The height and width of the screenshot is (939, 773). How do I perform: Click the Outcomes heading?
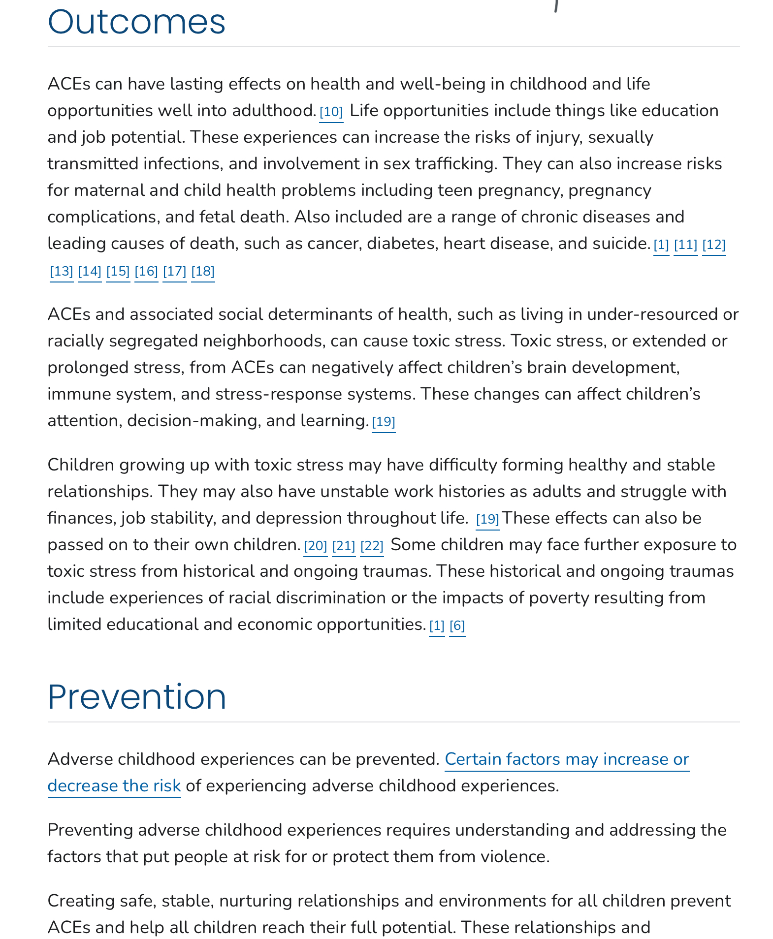click(136, 22)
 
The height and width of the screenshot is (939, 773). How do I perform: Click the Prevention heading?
click(137, 697)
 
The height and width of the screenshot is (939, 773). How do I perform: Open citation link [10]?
click(331, 112)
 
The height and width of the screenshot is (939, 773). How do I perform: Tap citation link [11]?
click(685, 245)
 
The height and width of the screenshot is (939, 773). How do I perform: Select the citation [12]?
click(714, 245)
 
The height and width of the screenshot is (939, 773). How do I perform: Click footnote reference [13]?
click(62, 271)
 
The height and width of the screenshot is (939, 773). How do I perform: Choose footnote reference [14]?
click(90, 271)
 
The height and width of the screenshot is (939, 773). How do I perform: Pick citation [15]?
click(118, 271)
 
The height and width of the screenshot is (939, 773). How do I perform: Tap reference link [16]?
click(146, 271)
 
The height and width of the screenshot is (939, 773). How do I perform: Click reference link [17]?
click(175, 271)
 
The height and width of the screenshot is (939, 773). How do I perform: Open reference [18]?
click(203, 271)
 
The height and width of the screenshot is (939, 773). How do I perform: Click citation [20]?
click(316, 546)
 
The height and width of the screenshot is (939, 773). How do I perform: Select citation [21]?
click(344, 546)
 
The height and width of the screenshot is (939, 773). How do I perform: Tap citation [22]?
click(372, 546)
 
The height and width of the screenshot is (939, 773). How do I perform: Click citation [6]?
click(457, 626)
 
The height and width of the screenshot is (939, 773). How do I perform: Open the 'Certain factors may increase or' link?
click(567, 759)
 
